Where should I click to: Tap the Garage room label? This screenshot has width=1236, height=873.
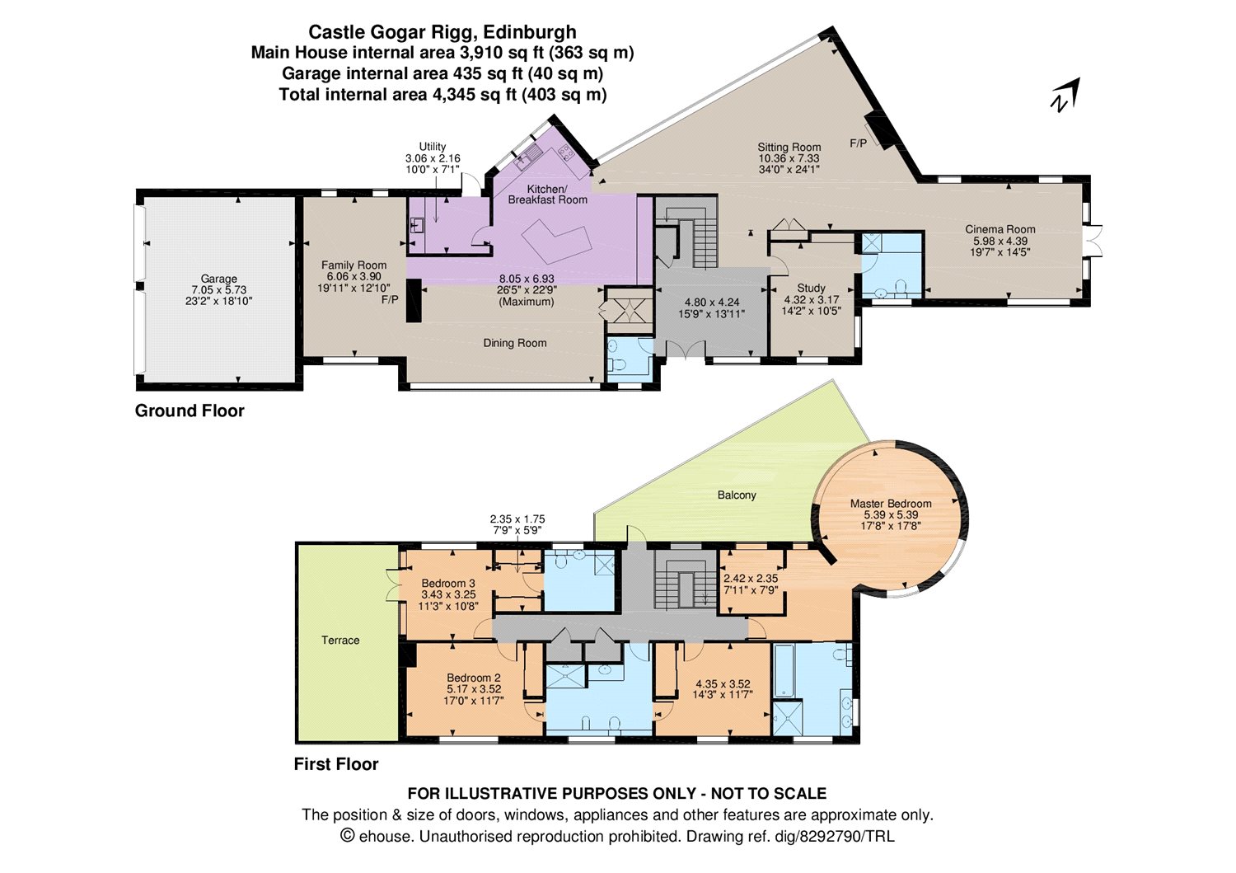[218, 279]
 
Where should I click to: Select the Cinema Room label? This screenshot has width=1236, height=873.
[1000, 230]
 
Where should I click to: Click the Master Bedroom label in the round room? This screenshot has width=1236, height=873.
[891, 504]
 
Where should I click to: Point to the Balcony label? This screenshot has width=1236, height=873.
[737, 495]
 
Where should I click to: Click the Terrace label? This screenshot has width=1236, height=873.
[340, 641]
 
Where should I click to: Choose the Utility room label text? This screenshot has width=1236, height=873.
[433, 147]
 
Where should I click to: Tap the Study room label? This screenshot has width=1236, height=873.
[811, 289]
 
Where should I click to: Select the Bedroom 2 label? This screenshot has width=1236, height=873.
[474, 678]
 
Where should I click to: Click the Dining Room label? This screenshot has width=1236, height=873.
[515, 343]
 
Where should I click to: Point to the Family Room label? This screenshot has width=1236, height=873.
[353, 265]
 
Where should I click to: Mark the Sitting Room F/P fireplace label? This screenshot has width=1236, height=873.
[858, 143]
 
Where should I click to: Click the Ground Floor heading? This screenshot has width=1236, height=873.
[190, 411]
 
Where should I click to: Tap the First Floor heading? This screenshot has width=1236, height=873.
[336, 764]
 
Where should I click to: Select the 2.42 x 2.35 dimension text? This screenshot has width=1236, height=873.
[750, 579]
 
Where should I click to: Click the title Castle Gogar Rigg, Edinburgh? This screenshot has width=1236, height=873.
[442, 32]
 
